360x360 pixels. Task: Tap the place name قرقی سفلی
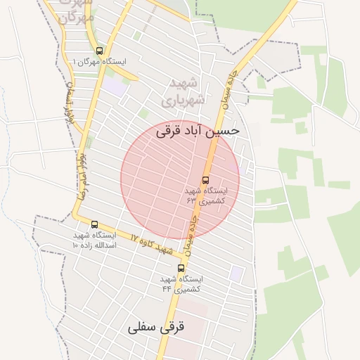click(155, 328)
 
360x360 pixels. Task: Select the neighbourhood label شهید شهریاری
click(185, 91)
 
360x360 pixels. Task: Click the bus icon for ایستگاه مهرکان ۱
click(99, 51)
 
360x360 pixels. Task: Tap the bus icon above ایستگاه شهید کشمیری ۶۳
click(205, 179)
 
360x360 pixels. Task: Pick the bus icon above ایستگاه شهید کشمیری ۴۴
click(181, 268)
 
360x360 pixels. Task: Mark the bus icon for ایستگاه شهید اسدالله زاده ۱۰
click(94, 224)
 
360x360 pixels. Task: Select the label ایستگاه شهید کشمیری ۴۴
click(181, 283)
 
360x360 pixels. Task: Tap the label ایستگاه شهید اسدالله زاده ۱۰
click(95, 240)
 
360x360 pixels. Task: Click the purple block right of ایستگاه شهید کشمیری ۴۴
click(237, 273)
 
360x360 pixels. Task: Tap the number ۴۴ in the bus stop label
click(167, 288)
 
